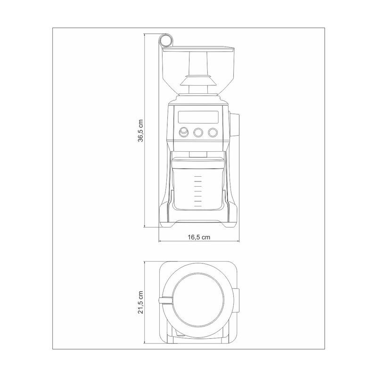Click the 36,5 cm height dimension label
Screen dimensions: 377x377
140,131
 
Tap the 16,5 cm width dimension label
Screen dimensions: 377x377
199,237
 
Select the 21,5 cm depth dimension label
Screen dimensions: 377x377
140,302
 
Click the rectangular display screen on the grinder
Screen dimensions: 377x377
198,117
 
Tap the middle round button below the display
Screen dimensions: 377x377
198,132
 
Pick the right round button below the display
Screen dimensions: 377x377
213,132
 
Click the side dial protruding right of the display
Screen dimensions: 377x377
234,124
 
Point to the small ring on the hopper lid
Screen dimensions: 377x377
166,40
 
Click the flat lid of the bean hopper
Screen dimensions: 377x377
198,49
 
